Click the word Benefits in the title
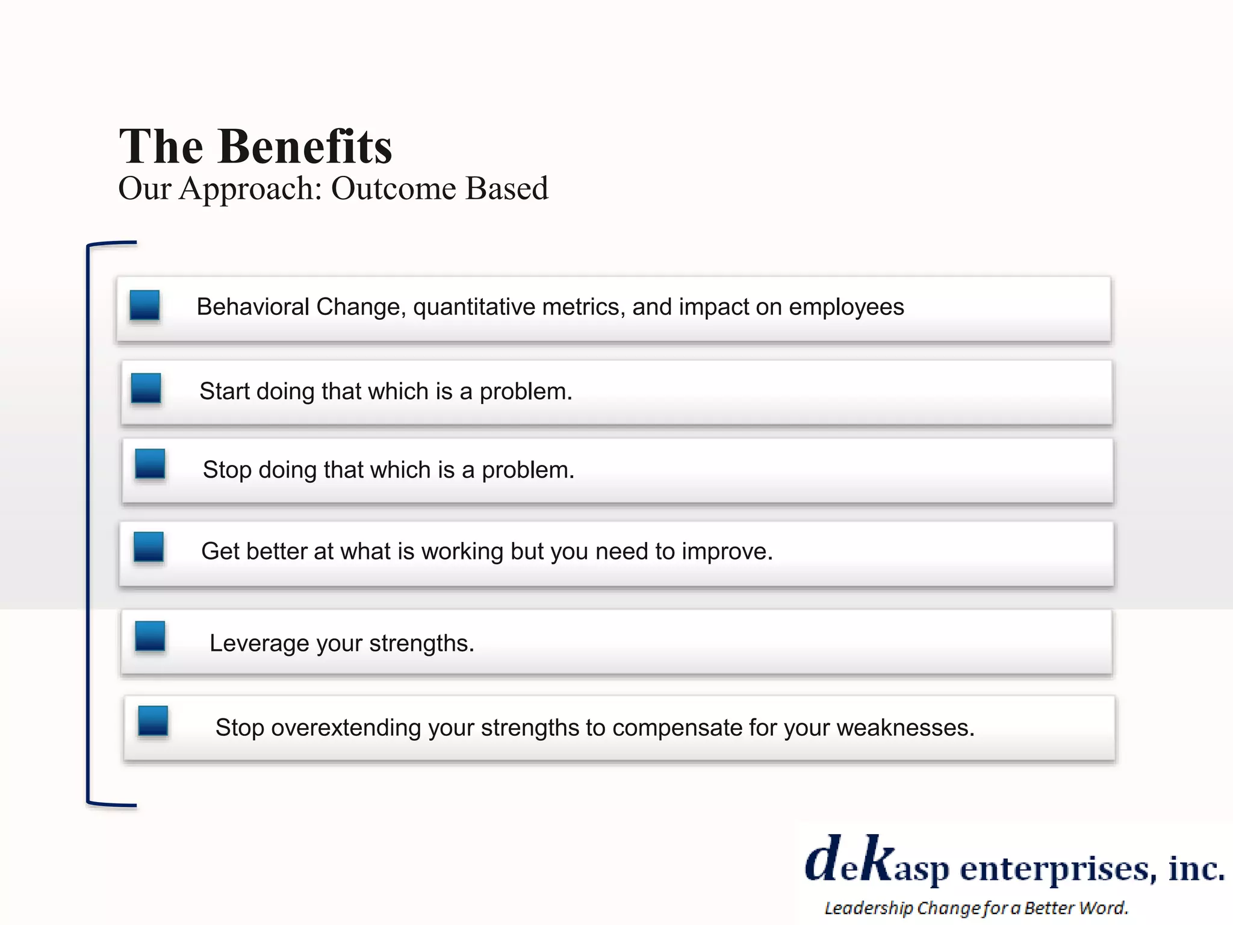tap(305, 147)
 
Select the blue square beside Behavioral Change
tap(144, 305)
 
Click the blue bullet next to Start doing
tap(146, 388)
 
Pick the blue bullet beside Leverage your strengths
tap(150, 637)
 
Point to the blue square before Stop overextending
tap(153, 721)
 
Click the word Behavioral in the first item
tap(253, 307)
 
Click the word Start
tap(225, 391)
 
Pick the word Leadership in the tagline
tap(868, 908)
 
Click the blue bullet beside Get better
tap(149, 547)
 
